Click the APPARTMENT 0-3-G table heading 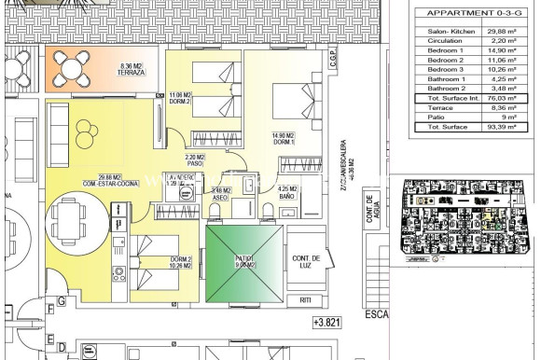[x=459, y=12]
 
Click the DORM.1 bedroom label [x=284, y=142]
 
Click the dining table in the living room [x=69, y=221]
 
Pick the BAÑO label [x=287, y=198]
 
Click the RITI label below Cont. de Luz [x=305, y=299]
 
